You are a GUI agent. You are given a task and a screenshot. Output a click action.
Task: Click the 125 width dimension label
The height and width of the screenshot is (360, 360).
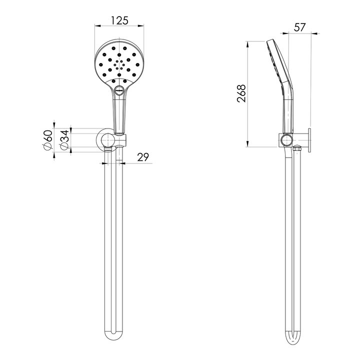(119, 20)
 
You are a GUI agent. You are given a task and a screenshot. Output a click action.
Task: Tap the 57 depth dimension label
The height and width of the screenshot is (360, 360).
(300, 27)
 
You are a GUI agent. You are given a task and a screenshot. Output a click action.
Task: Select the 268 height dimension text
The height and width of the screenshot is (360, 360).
(241, 93)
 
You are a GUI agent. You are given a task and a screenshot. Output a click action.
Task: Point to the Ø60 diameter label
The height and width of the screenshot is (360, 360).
(47, 140)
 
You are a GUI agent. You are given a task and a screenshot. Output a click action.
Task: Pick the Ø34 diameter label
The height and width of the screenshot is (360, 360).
(64, 140)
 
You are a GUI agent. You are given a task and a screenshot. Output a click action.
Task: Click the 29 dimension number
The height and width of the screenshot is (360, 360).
(143, 157)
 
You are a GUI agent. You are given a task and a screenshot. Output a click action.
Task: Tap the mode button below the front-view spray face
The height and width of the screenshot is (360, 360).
(119, 89)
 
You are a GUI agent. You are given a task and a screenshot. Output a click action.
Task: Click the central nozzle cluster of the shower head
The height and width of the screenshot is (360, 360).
(119, 65)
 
